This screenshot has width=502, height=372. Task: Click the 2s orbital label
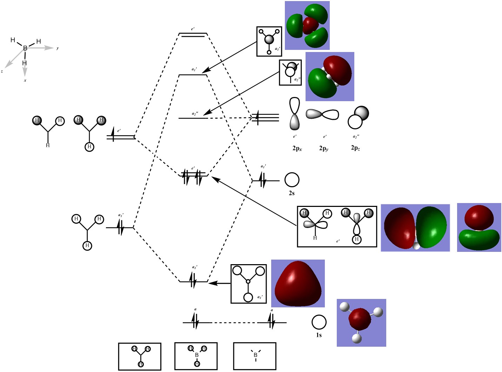[x=292, y=194]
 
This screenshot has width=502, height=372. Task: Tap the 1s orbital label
[x=319, y=335]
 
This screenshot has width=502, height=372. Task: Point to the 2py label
[x=323, y=148]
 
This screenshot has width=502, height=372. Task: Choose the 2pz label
[x=355, y=148]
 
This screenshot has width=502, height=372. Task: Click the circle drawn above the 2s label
[x=292, y=180]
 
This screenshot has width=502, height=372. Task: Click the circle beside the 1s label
[x=319, y=322]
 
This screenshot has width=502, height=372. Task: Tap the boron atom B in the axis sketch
[x=25, y=48]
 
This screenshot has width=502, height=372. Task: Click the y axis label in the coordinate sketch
[x=58, y=48]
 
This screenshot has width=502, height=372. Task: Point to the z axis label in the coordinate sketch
[x=2, y=71]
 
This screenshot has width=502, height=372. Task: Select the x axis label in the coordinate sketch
[x=25, y=80]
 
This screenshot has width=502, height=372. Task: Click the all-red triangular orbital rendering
[x=298, y=283]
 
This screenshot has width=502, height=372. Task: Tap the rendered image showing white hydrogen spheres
[x=361, y=323]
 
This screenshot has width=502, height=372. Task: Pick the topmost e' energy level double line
[x=193, y=35]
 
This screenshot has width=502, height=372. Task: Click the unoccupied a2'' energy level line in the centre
[x=193, y=118]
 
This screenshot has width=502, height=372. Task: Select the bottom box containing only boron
[x=255, y=356]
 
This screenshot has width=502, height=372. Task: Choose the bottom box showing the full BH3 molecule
[x=196, y=356]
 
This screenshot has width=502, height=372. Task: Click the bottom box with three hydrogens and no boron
[x=140, y=356]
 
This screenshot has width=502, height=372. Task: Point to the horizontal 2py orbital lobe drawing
[x=322, y=114]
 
